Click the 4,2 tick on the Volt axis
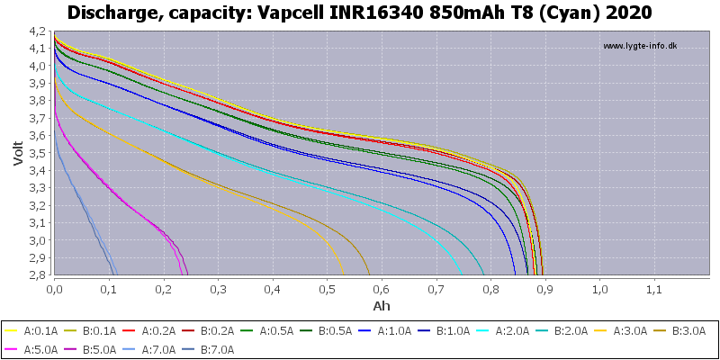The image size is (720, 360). [x=38, y=31]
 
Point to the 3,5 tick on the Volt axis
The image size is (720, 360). [x=38, y=153]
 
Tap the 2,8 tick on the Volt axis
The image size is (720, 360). [x=38, y=275]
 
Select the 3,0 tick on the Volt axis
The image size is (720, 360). [x=38, y=240]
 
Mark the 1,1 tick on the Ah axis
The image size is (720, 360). [x=654, y=290]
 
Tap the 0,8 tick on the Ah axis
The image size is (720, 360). [x=490, y=290]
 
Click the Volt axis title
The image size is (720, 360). [x=19, y=153]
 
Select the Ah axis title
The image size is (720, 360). [x=382, y=306]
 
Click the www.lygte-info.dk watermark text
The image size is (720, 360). [x=640, y=46]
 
